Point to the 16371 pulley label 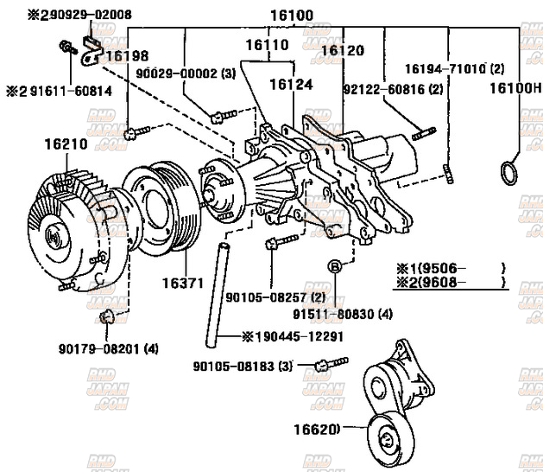(183, 283)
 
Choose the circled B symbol (333, 265)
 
